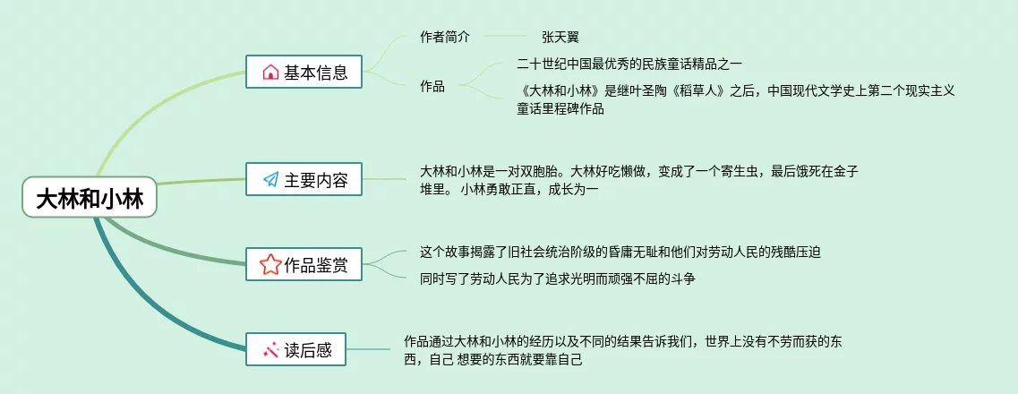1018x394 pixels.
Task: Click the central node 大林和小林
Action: [x=90, y=198]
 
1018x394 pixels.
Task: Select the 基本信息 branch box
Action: [x=304, y=72]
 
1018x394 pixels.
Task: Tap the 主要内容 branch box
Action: [x=304, y=179]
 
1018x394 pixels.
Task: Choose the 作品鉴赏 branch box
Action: [x=304, y=264]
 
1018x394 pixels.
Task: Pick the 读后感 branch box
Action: [x=295, y=350]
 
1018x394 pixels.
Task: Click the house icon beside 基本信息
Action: [x=270, y=73]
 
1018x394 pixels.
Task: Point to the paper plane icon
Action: [x=270, y=180]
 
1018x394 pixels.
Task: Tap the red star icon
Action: [x=269, y=265]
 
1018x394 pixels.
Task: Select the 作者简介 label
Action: [x=444, y=38]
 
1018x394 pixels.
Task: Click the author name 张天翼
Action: [x=560, y=38]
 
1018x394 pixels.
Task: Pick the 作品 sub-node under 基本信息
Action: [x=432, y=87]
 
